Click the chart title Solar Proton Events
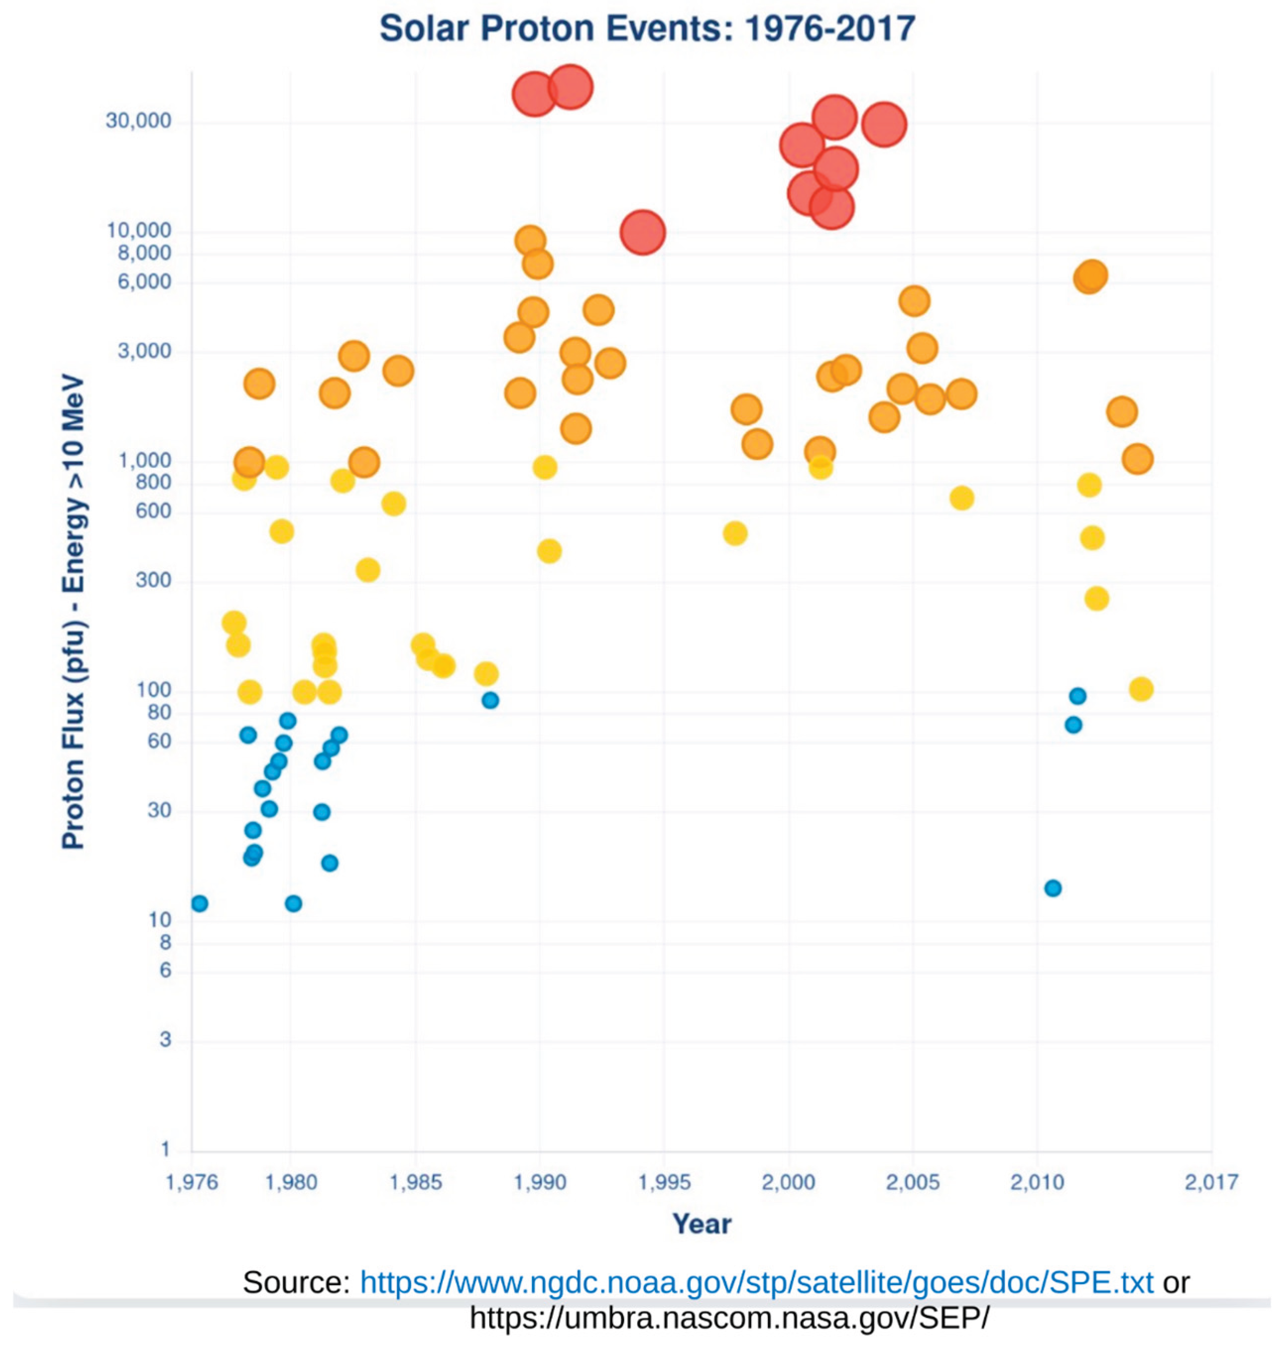point(647,29)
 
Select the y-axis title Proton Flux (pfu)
point(73,613)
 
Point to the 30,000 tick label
point(138,121)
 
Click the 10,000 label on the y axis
point(138,230)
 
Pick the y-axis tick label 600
point(153,511)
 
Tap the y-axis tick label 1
point(165,1149)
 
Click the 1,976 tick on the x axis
point(192,1181)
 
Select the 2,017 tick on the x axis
point(1212,1181)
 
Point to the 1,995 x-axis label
point(663,1181)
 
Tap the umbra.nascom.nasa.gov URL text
point(729,1317)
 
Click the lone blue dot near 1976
point(199,904)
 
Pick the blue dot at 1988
point(490,700)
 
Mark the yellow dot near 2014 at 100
point(1140,689)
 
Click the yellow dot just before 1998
point(734,534)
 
